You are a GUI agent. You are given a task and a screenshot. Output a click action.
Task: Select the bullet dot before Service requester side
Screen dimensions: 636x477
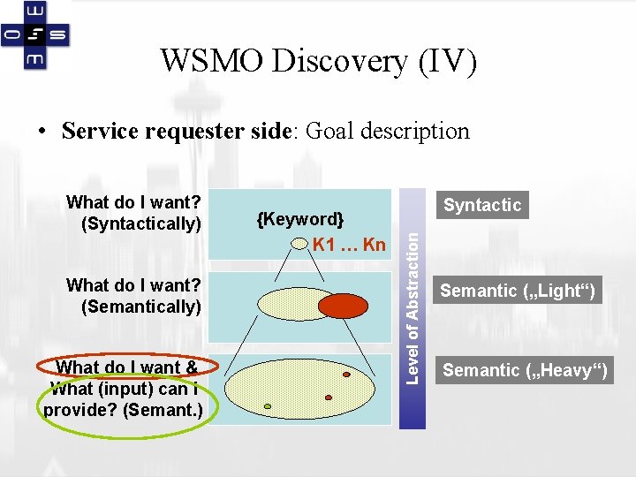[x=42, y=132]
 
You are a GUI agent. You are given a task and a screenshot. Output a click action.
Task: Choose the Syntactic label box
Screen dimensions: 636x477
[x=482, y=205]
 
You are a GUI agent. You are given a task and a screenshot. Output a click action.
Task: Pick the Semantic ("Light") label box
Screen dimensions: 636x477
[x=518, y=291]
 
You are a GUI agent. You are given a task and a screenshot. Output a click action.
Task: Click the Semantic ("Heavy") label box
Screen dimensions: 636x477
[x=525, y=370]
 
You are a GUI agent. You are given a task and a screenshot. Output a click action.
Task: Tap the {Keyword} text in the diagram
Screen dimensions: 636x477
[x=300, y=219]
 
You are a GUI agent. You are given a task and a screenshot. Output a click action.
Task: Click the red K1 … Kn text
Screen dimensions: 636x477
[x=349, y=245]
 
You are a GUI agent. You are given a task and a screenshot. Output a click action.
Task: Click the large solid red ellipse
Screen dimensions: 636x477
[x=343, y=305]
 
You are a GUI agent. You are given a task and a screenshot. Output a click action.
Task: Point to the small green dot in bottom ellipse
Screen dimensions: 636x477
[x=268, y=407]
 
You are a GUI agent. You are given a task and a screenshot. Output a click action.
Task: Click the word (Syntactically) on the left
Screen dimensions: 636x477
[x=141, y=223]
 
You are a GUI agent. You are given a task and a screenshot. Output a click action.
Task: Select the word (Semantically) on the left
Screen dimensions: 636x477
[x=141, y=307]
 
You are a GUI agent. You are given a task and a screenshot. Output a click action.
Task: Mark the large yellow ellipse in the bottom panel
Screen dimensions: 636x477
[x=300, y=389]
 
